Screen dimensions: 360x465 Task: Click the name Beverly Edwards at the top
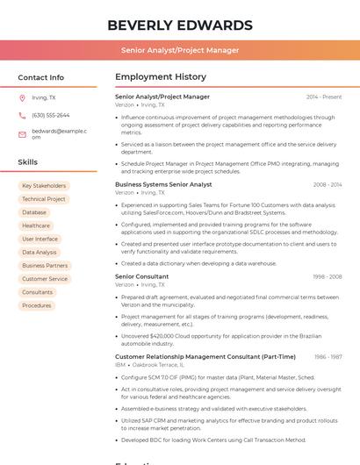click(180, 25)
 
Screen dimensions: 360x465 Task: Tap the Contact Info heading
click(41, 77)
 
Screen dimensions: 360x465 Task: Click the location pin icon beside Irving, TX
click(22, 98)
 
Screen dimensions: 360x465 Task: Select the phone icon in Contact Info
click(22, 115)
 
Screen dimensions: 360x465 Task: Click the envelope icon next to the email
click(22, 134)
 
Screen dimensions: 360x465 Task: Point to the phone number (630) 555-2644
click(50, 115)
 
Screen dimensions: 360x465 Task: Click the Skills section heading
click(28, 162)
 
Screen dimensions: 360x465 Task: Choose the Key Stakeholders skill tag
click(44, 186)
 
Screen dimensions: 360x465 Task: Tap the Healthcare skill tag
click(36, 225)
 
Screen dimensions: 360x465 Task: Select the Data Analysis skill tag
click(40, 253)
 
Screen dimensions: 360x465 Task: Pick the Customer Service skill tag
click(45, 279)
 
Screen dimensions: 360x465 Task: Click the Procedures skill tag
click(37, 305)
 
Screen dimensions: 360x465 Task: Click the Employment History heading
click(161, 77)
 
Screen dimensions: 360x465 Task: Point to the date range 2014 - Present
click(324, 97)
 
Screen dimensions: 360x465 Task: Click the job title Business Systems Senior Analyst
click(163, 185)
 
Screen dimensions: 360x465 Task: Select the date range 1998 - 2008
click(327, 276)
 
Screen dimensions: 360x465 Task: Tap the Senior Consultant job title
click(142, 276)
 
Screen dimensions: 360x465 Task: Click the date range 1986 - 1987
click(328, 357)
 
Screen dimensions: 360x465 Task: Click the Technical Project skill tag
click(44, 199)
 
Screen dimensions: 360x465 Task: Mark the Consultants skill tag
click(38, 292)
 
